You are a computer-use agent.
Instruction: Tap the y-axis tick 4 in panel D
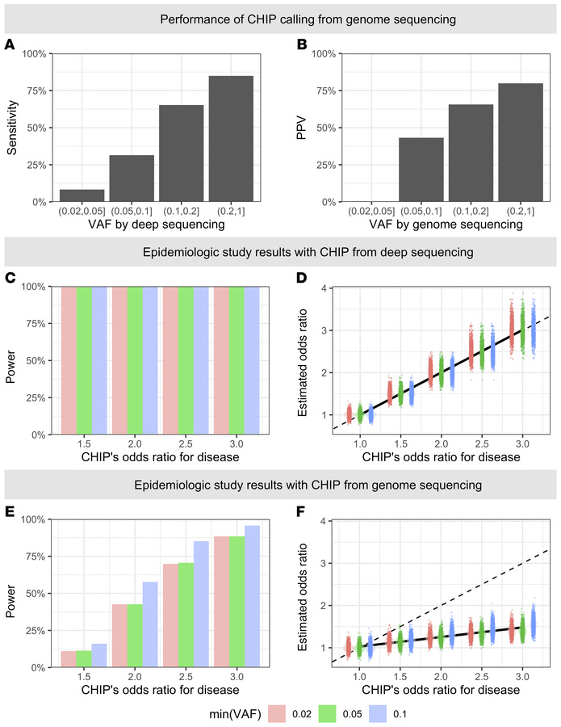(322, 288)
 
